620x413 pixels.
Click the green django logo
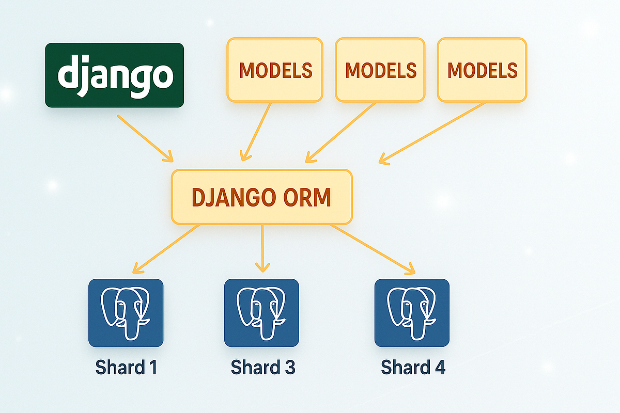(x=114, y=75)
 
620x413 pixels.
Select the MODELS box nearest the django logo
(x=275, y=70)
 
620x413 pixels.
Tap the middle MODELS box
(x=380, y=70)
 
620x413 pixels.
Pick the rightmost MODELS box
(x=482, y=70)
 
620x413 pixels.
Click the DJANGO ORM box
(x=261, y=197)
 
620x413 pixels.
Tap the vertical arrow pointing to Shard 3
(x=262, y=248)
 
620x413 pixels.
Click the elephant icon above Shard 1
(x=126, y=313)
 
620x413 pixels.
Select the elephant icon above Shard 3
(x=261, y=313)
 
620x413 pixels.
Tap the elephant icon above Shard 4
(x=412, y=313)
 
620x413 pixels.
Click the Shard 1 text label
(x=126, y=368)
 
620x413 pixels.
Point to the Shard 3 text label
(x=262, y=368)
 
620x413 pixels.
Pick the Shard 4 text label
(x=413, y=368)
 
